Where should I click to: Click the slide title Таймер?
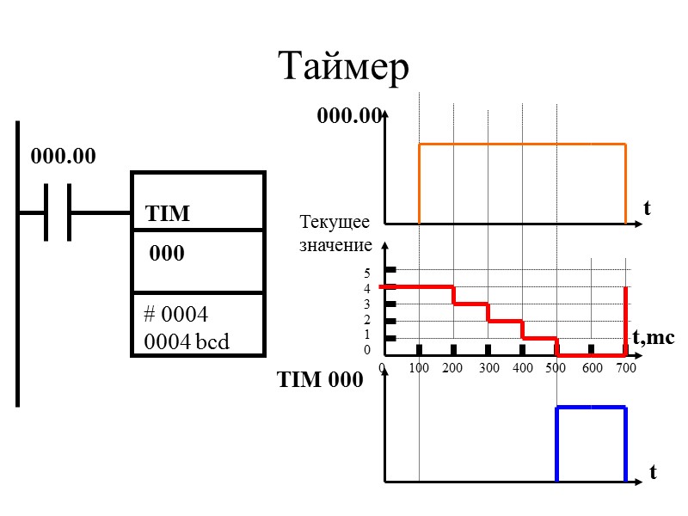coord(344,67)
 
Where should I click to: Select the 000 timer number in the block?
coord(167,255)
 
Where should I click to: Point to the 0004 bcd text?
coord(187,341)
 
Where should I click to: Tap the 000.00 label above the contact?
coord(63,157)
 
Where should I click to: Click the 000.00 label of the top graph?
coord(348,116)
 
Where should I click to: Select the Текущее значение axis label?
coord(335,234)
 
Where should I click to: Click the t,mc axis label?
coord(654,339)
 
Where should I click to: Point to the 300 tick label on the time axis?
coord(488,368)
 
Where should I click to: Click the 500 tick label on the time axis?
coord(556,368)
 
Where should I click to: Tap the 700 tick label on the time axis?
coord(625,368)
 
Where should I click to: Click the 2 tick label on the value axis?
coord(367,320)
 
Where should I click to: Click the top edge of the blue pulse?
coord(591,408)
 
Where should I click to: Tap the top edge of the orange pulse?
coord(522,144)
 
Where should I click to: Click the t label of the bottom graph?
coord(654,472)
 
